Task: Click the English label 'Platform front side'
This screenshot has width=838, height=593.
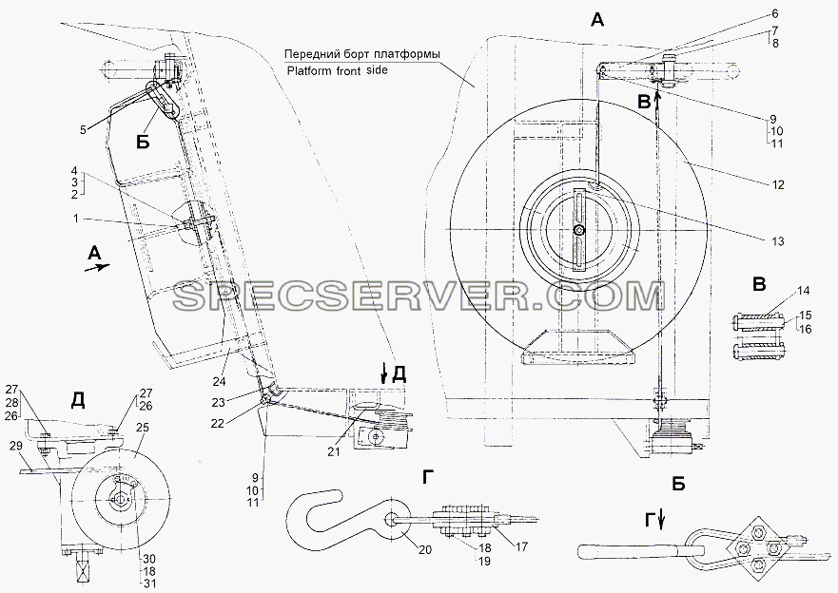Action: click(x=337, y=70)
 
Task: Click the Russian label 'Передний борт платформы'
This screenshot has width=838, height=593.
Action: click(x=361, y=54)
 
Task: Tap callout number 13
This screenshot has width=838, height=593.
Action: click(x=778, y=241)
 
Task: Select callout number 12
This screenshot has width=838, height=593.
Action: click(x=778, y=184)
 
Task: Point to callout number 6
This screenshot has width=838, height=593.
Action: click(x=775, y=14)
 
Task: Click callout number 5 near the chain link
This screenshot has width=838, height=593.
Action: click(x=83, y=129)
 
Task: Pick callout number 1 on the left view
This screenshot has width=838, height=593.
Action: click(x=75, y=219)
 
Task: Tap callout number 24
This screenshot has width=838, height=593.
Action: click(x=219, y=381)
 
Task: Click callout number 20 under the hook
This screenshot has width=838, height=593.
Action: click(x=425, y=550)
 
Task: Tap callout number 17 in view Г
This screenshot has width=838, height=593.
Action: click(x=521, y=546)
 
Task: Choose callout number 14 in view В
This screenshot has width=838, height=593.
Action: click(x=803, y=291)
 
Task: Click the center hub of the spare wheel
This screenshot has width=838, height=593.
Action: click(x=578, y=230)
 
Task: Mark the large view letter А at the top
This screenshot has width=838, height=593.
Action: click(x=597, y=20)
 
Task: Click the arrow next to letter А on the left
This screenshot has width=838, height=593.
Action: click(x=97, y=267)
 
